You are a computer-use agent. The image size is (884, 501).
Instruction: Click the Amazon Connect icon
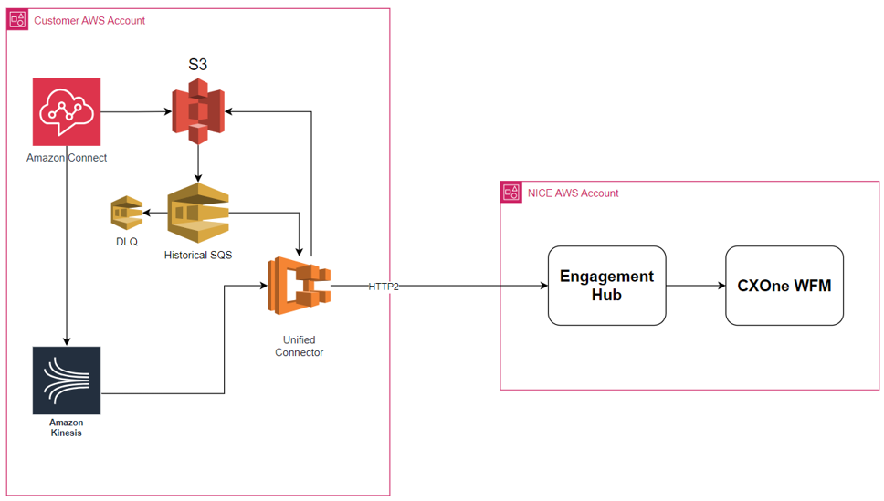coord(67,111)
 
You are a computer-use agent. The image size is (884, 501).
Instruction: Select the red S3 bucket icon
coord(198,111)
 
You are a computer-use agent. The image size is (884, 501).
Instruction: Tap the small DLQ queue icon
coord(126,213)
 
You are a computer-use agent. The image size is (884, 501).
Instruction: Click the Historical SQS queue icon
coord(197,214)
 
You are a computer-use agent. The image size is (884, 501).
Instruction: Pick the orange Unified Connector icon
coord(299,286)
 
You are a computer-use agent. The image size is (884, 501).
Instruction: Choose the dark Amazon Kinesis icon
coord(67,381)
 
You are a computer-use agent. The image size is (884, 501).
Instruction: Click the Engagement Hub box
coord(606,286)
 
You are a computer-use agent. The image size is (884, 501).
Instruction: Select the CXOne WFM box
coord(784,286)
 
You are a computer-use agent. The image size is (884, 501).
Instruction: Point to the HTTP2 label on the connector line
coord(384,287)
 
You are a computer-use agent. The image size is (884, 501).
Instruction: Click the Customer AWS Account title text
coord(89,20)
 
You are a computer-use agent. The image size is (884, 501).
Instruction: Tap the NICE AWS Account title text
coord(573,193)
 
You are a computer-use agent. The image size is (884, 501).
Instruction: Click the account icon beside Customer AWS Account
coord(17,20)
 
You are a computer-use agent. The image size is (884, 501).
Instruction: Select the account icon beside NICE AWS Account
coord(511,193)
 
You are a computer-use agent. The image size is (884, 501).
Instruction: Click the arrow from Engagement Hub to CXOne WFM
coord(696,286)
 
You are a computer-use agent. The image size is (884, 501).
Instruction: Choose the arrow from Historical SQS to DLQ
coord(154,214)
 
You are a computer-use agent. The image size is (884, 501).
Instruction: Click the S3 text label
coord(198,65)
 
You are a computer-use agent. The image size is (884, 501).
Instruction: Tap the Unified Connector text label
coord(299,346)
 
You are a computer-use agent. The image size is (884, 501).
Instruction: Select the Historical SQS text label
coord(198,255)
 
